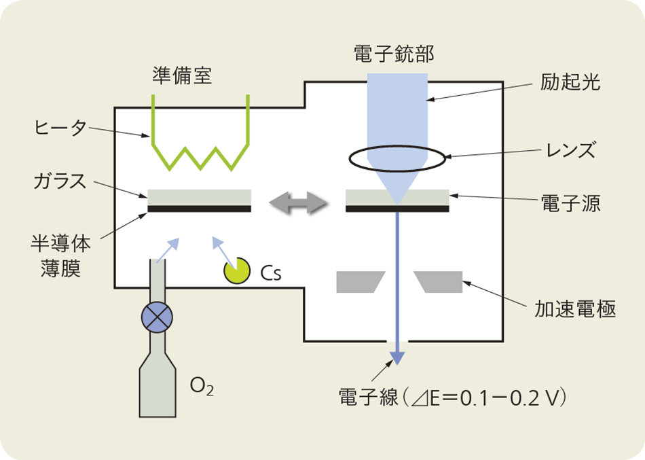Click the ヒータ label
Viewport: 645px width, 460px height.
tap(60, 127)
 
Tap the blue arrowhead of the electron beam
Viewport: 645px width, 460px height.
tap(397, 357)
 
